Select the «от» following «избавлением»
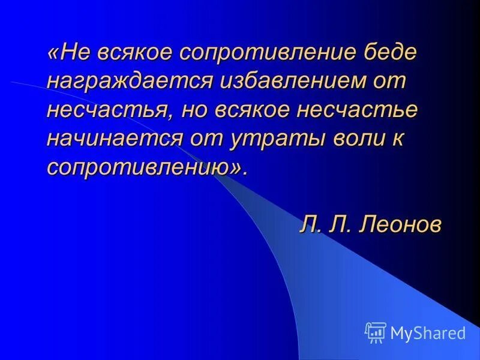392,82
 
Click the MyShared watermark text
427,332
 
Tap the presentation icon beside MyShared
376,332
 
